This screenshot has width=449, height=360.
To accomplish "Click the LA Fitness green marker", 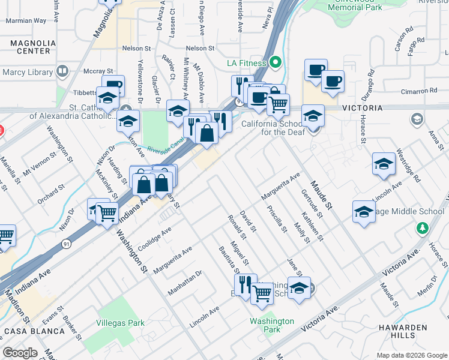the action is (x=276, y=62).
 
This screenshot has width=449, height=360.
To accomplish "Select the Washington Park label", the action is (x=272, y=325).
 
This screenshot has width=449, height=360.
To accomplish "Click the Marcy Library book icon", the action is (x=62, y=72).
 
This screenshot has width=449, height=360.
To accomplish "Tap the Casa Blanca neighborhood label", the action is (x=34, y=331).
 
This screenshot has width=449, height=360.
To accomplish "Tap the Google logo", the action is (x=19, y=353).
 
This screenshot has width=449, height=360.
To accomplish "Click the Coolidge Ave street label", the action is (x=154, y=239).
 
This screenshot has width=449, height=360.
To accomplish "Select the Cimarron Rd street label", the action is (x=420, y=91).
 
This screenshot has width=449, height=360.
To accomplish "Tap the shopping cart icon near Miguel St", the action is (x=262, y=293).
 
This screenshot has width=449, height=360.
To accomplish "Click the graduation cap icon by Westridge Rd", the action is (x=384, y=164).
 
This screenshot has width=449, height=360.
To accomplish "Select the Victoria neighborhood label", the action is (x=362, y=108).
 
